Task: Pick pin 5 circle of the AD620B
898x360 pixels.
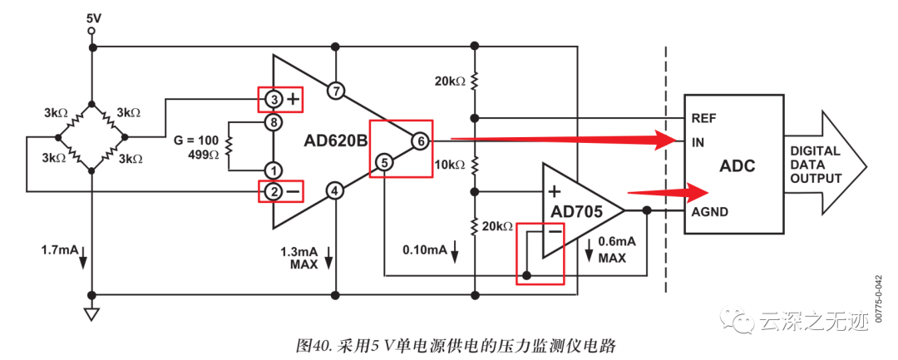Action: coord(383,162)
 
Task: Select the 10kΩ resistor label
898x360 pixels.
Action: coord(450,165)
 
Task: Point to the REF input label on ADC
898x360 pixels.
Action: coord(704,118)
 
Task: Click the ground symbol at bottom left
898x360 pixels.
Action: coord(91,314)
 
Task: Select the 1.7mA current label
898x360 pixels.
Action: coord(57,250)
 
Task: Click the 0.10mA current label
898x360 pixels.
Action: coord(424,249)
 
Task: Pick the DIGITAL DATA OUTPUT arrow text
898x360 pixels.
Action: coord(816,165)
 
